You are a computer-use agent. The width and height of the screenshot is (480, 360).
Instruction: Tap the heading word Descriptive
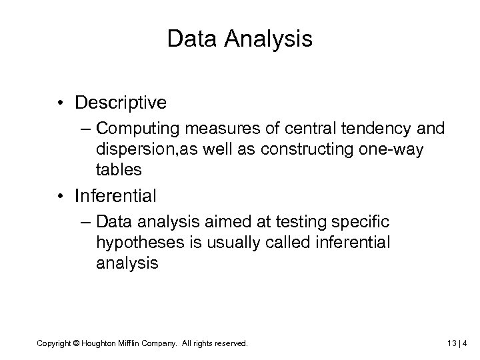click(121, 103)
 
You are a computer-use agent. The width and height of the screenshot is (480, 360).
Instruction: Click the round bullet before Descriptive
click(61, 104)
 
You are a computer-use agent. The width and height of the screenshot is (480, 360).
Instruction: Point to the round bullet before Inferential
click(61, 197)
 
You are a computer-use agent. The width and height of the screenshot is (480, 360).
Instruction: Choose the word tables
click(119, 170)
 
